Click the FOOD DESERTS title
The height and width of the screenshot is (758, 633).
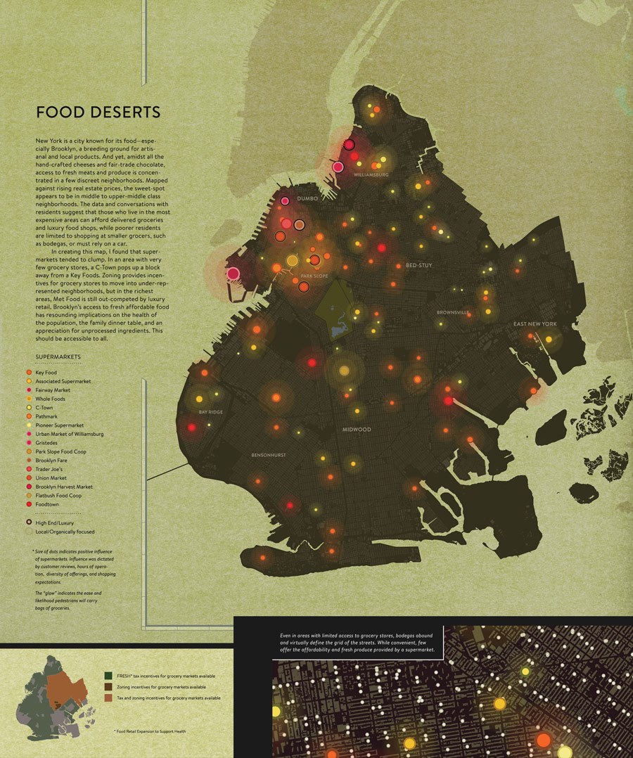tap(98, 113)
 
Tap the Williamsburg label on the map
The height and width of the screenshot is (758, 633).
tap(371, 174)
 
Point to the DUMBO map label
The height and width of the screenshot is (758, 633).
tap(308, 199)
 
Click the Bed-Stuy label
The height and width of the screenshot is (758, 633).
tap(418, 266)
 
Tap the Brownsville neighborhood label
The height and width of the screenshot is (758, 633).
tap(452, 312)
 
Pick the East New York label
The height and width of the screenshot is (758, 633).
tap(535, 324)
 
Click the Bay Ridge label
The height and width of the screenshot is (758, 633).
tap(210, 412)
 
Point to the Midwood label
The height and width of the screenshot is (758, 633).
tap(357, 429)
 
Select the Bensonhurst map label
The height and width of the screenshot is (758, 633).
tap(269, 456)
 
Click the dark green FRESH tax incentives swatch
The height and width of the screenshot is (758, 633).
tap(108, 676)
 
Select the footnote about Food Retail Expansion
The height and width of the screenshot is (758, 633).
tap(149, 732)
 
